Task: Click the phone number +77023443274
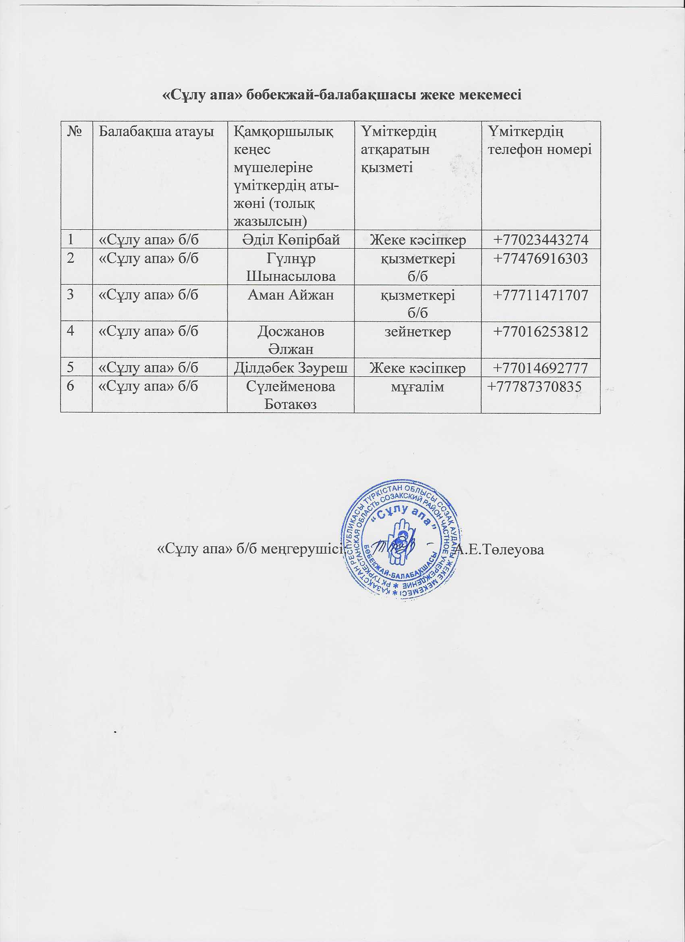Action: [540, 240]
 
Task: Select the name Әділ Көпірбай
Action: [291, 240]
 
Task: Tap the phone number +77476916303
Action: [540, 259]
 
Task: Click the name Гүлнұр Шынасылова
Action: [291, 267]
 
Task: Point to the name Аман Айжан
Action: [291, 295]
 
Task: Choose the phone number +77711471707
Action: [540, 295]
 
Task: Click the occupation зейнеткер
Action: [417, 332]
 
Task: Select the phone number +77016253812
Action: [540, 332]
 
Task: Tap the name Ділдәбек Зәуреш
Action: [291, 368]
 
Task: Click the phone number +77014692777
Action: [540, 368]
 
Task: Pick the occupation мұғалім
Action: [417, 387]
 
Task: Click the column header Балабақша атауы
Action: [156, 132]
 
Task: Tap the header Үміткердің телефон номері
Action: [540, 141]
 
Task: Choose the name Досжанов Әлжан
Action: [291, 340]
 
